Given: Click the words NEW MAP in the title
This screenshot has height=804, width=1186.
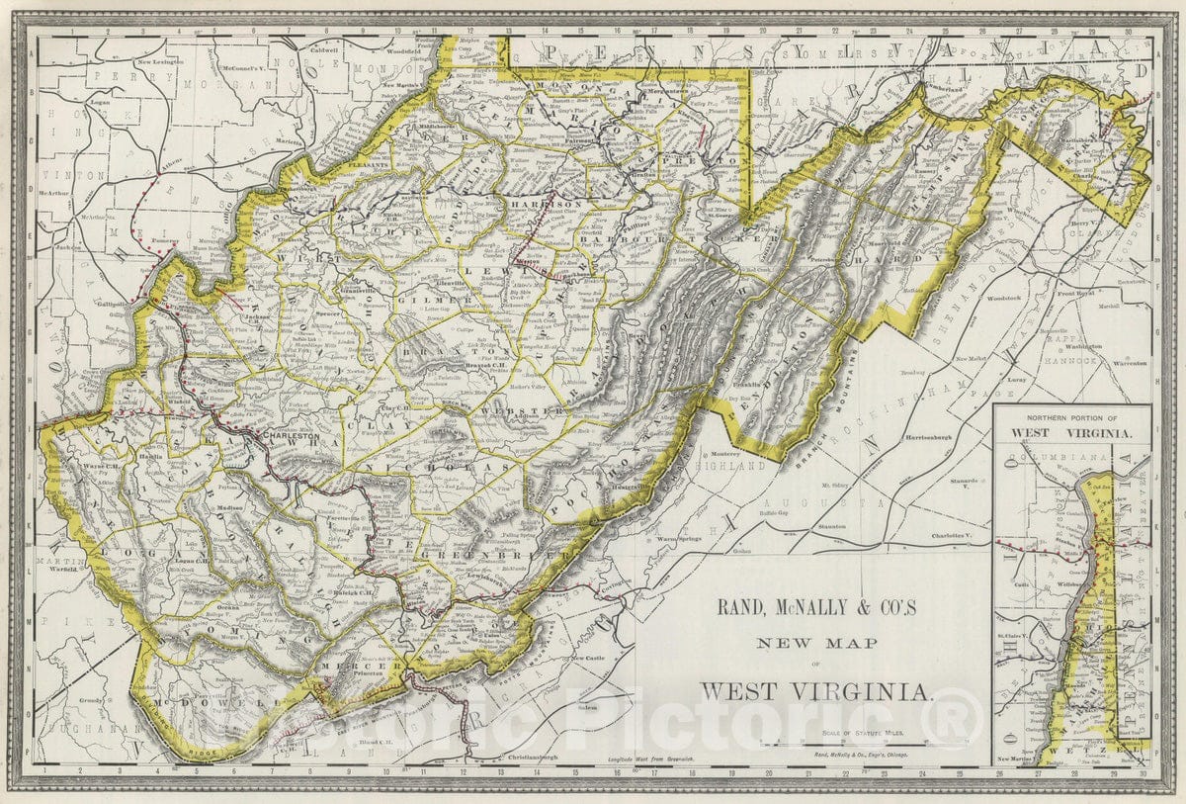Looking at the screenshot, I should tap(816, 644).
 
